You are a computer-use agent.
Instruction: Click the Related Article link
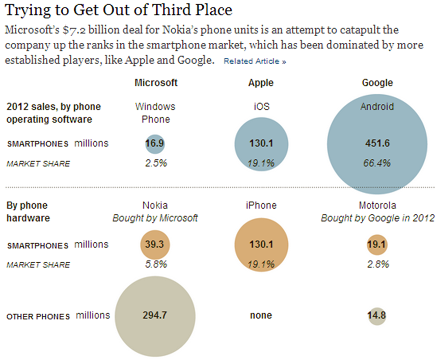(x=255, y=61)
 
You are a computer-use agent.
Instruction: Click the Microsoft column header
(x=156, y=82)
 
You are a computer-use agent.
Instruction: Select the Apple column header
(x=261, y=82)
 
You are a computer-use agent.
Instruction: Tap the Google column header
(x=377, y=82)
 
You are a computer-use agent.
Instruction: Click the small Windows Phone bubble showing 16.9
(x=155, y=144)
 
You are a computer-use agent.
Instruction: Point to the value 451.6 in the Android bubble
(x=377, y=144)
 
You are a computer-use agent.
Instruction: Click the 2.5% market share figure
(x=155, y=163)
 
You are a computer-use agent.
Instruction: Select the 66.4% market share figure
(x=377, y=163)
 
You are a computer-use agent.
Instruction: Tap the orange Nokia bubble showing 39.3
(x=155, y=245)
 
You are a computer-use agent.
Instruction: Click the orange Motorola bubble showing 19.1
(x=377, y=245)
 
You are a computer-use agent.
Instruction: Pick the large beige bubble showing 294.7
(x=155, y=315)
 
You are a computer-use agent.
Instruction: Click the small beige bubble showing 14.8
(x=377, y=316)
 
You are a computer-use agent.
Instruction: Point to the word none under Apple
(x=261, y=316)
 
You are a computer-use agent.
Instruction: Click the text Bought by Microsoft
(x=155, y=218)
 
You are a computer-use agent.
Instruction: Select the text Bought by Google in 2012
(x=377, y=218)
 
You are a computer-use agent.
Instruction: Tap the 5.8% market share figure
(x=155, y=264)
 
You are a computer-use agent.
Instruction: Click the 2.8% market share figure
(x=377, y=264)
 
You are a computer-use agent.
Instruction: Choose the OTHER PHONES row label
(x=38, y=317)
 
